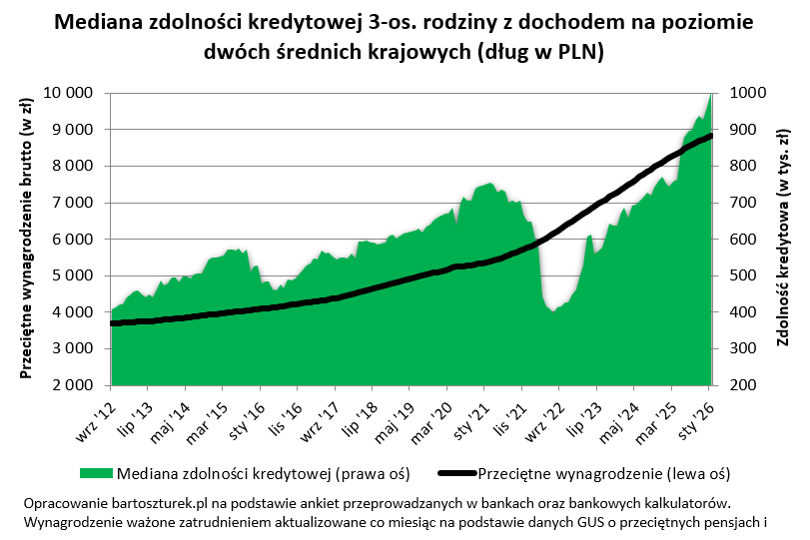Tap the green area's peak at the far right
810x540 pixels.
click(710, 94)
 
